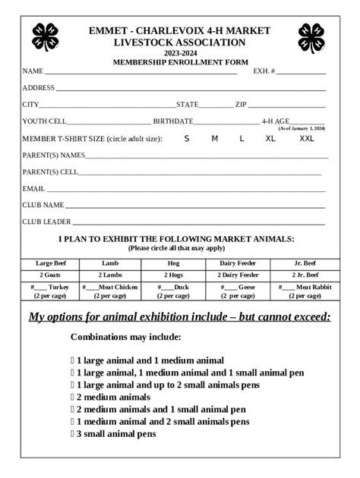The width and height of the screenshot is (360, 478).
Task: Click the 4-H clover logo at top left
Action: click(x=45, y=35)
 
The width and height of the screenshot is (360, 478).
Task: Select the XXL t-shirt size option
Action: click(x=306, y=139)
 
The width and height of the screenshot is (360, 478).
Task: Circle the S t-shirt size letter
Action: click(x=187, y=139)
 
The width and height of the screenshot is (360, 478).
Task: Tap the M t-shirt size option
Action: click(x=214, y=139)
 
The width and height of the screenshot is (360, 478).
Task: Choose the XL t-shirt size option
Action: click(x=270, y=139)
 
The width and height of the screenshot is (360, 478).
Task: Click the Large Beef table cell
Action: click(x=53, y=263)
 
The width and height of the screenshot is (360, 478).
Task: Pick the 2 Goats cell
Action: click(x=53, y=275)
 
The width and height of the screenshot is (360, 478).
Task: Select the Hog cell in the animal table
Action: click(x=173, y=263)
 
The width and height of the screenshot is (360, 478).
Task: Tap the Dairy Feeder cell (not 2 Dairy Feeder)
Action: click(x=238, y=263)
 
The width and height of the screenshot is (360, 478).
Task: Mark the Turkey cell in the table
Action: click(x=53, y=291)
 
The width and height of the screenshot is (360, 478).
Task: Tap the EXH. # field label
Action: click(x=264, y=71)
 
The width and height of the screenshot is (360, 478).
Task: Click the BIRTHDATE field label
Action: click(x=172, y=121)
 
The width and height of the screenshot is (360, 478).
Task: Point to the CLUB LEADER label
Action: click(x=46, y=222)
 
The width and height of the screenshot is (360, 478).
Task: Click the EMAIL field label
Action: click(x=33, y=189)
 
